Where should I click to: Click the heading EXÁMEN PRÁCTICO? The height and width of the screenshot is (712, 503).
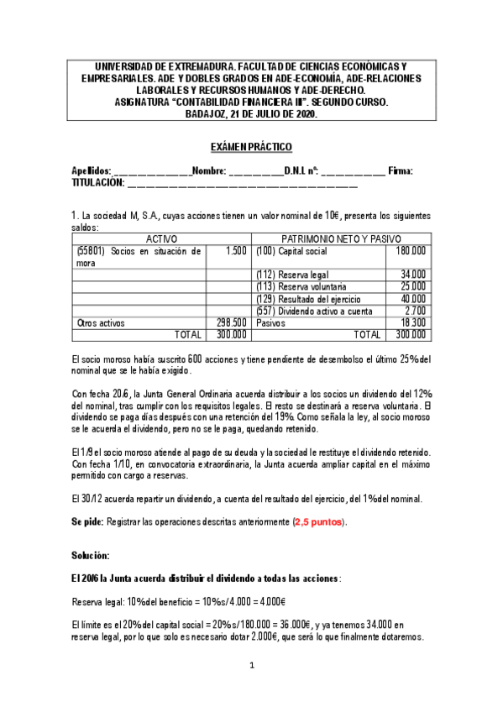click(251, 148)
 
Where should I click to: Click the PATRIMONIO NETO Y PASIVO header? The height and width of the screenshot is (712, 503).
click(341, 238)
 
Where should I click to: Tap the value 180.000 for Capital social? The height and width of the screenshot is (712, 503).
click(410, 250)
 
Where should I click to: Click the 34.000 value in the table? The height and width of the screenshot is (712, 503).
click(412, 275)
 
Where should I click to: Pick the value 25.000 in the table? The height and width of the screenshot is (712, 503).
click(412, 286)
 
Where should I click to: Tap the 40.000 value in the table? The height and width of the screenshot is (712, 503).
click(412, 298)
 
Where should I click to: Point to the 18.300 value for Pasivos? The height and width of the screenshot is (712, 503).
click(412, 322)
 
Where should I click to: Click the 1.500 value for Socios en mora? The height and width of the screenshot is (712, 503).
click(236, 250)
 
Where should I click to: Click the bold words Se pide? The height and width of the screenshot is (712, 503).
click(87, 522)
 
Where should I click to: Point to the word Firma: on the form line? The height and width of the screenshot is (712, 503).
click(401, 171)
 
